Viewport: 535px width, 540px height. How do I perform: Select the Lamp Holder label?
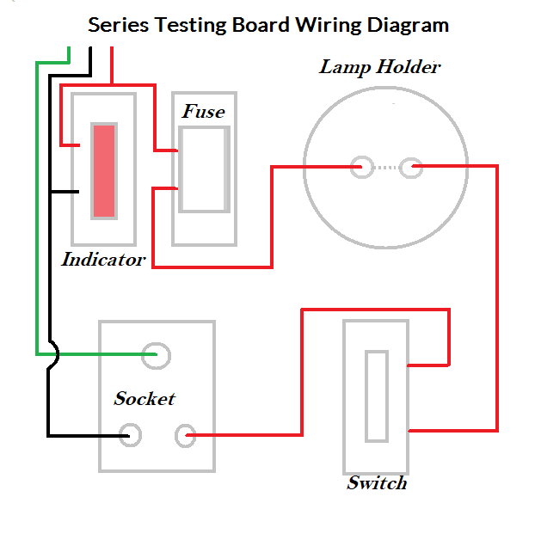point(379,66)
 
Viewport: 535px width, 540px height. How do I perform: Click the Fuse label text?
point(203,112)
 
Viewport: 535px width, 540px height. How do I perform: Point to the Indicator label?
point(103,259)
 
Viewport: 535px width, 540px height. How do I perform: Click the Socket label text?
point(145,398)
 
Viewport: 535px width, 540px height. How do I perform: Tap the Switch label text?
point(377,482)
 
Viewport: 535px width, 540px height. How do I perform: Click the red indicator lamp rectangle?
point(103,170)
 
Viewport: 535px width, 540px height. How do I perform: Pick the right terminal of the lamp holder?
point(412,167)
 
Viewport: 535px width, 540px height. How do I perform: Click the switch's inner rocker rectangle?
point(376,395)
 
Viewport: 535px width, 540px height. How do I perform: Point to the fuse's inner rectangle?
point(204,169)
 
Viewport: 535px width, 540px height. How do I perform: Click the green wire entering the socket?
point(103,353)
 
